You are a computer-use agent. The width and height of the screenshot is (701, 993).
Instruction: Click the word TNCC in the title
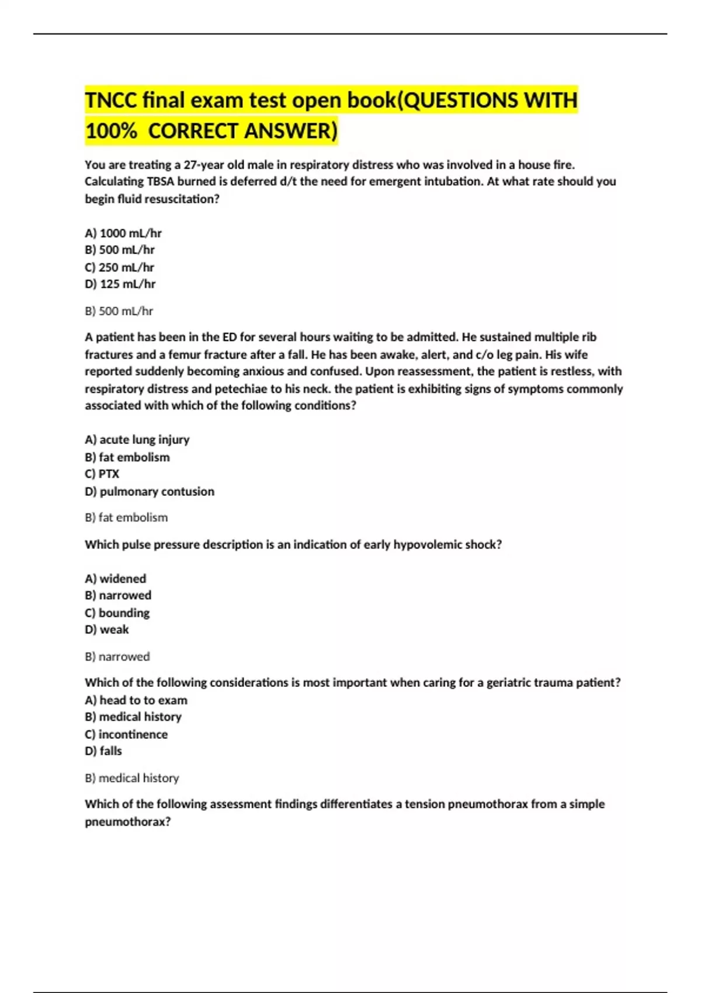tap(110, 100)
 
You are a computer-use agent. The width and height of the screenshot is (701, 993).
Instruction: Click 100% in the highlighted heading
tap(111, 131)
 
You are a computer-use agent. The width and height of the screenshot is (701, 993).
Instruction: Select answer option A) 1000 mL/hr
tap(123, 233)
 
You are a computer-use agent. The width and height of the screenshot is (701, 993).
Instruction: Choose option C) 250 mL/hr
tap(120, 268)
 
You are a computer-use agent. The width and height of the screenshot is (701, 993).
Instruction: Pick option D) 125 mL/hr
tap(120, 284)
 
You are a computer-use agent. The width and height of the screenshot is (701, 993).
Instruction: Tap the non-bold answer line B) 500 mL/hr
tap(119, 311)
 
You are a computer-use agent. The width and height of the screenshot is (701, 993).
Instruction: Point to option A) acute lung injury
tap(137, 440)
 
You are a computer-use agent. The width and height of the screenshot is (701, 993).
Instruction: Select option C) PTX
tap(102, 474)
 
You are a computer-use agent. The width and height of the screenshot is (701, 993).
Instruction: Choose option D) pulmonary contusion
tap(150, 492)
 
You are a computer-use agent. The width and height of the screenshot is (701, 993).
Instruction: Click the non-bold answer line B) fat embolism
tap(126, 518)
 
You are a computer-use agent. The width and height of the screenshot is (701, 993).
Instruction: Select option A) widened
tap(116, 579)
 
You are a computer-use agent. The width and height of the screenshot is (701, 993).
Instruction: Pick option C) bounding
tap(117, 613)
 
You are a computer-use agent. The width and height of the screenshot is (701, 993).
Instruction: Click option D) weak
tap(107, 630)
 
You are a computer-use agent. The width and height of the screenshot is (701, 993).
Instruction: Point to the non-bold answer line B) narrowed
tap(117, 657)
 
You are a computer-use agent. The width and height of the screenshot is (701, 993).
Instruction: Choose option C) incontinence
tap(126, 735)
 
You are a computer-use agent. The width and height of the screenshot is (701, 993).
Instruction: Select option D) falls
tap(103, 751)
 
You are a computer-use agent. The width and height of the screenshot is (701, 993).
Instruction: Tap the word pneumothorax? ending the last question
tap(128, 822)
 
